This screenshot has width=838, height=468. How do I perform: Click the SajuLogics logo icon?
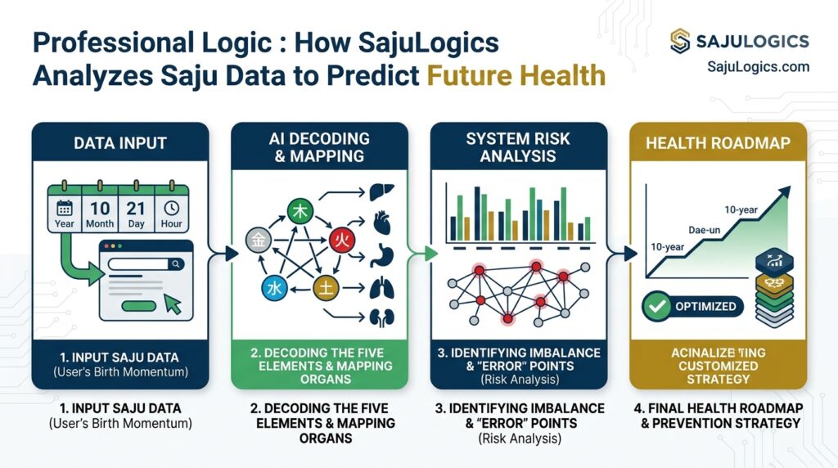point(681,41)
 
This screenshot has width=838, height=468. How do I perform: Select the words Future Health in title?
point(516,75)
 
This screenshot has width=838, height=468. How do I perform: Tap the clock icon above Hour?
point(172,208)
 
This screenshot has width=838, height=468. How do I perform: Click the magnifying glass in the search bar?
point(175,263)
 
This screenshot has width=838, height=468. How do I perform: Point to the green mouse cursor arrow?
point(173,304)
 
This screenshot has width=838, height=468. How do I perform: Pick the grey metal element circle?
point(258,240)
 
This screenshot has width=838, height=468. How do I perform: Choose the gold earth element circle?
point(325,286)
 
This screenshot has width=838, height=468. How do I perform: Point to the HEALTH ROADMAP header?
point(718,142)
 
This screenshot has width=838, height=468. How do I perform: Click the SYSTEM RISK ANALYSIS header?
point(518,147)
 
